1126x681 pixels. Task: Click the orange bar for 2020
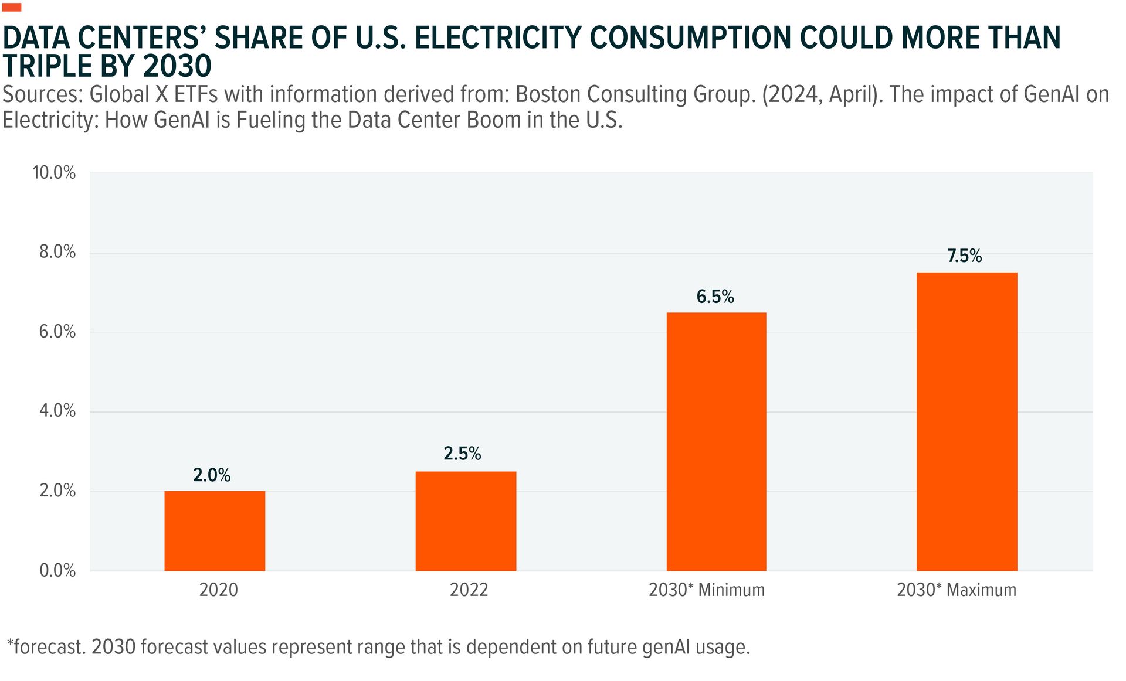pos(215,530)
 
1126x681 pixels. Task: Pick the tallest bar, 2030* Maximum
pos(966,421)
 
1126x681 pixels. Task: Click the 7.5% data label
pos(964,256)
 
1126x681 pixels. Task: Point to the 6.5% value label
pos(715,297)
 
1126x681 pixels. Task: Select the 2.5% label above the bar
pos(462,454)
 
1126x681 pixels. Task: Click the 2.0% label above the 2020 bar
pos(212,475)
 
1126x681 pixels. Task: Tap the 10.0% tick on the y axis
pos(54,172)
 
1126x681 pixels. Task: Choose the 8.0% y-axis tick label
pos(57,252)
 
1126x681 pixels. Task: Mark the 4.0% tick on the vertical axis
pos(57,411)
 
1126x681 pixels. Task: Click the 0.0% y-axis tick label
pos(57,570)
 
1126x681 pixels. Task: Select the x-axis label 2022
pos(469,590)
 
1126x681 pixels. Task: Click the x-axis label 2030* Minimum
pos(707,590)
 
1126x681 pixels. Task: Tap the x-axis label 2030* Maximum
pos(957,590)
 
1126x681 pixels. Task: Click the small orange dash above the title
pos(12,7)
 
